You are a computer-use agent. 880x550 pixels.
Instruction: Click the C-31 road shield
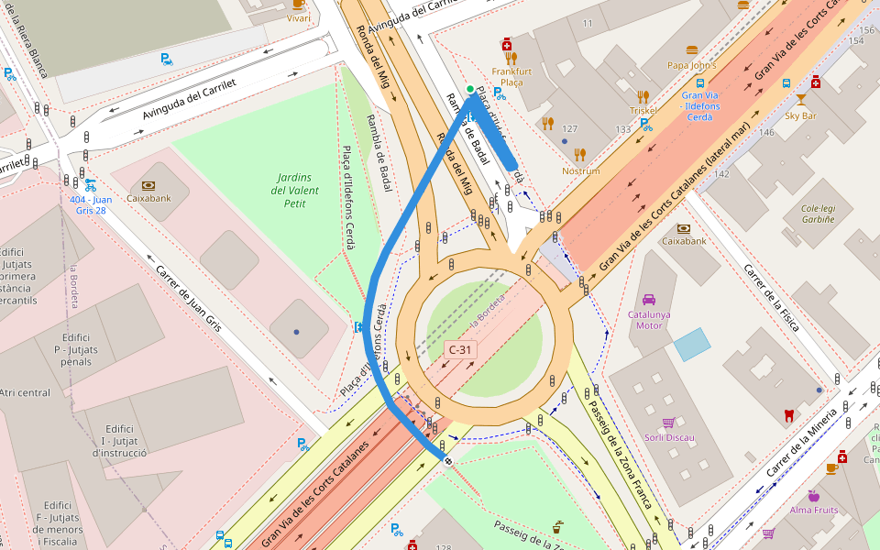pyautogui.click(x=460, y=349)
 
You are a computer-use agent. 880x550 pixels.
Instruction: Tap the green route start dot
pyautogui.click(x=470, y=89)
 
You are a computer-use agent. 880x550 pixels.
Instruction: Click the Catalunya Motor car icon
pyautogui.click(x=649, y=299)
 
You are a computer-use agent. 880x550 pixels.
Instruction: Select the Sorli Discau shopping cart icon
pyautogui.click(x=668, y=423)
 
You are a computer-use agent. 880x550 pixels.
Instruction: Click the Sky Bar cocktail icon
pyautogui.click(x=801, y=100)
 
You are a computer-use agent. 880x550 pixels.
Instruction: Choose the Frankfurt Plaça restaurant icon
pyautogui.click(x=511, y=58)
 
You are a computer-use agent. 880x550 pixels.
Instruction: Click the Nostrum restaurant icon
pyautogui.click(x=580, y=155)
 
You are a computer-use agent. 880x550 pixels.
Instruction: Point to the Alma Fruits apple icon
pyautogui.click(x=813, y=496)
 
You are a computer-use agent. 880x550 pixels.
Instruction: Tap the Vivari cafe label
pyautogui.click(x=298, y=17)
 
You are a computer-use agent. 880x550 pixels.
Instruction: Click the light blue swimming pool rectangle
pyautogui.click(x=691, y=344)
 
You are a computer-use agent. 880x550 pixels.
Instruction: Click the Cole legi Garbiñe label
pyautogui.click(x=818, y=214)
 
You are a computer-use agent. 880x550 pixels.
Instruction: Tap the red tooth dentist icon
pyautogui.click(x=788, y=415)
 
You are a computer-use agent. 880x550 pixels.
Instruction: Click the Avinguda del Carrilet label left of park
pyautogui.click(x=190, y=99)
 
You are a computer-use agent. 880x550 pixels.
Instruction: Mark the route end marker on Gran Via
pyautogui.click(x=448, y=460)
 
